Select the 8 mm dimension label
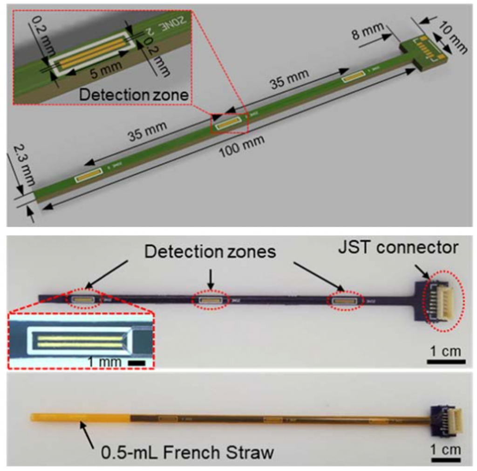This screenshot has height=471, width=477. [368, 33]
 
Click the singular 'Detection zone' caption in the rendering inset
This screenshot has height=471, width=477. [134, 95]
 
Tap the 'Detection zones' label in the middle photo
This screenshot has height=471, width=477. [210, 252]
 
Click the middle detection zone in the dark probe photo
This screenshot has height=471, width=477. [211, 300]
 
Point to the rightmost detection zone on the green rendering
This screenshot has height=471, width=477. [354, 77]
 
